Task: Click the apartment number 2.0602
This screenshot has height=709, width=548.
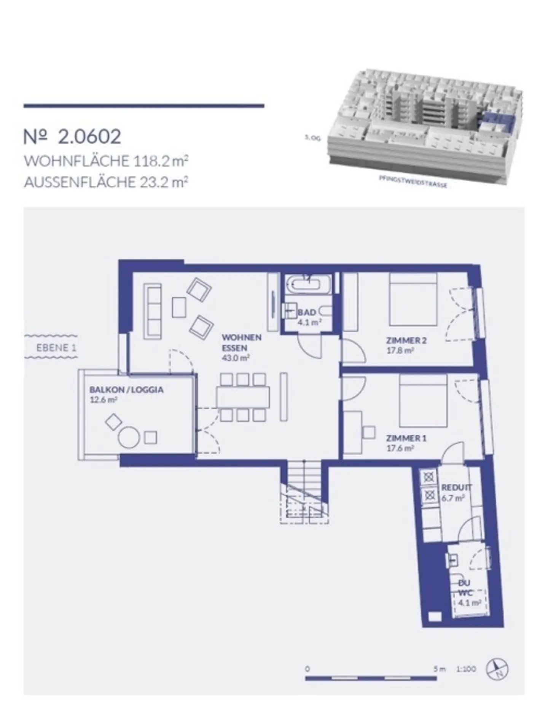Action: coord(89,137)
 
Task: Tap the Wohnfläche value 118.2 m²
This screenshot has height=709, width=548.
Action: coord(160,161)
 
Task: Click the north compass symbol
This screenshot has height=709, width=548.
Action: coord(497,669)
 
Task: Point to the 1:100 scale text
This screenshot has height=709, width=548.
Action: coord(466,669)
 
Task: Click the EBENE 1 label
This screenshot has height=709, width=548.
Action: coord(56,347)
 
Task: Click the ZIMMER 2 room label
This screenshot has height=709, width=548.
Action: coord(406,340)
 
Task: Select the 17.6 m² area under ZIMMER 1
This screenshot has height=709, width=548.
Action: coord(400,448)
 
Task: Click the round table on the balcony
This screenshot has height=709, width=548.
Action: coord(129,437)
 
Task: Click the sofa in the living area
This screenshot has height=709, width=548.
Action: coord(152,311)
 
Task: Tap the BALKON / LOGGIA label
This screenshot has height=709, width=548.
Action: coord(126,390)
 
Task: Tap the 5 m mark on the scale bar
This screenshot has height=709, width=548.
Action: coord(439,669)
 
